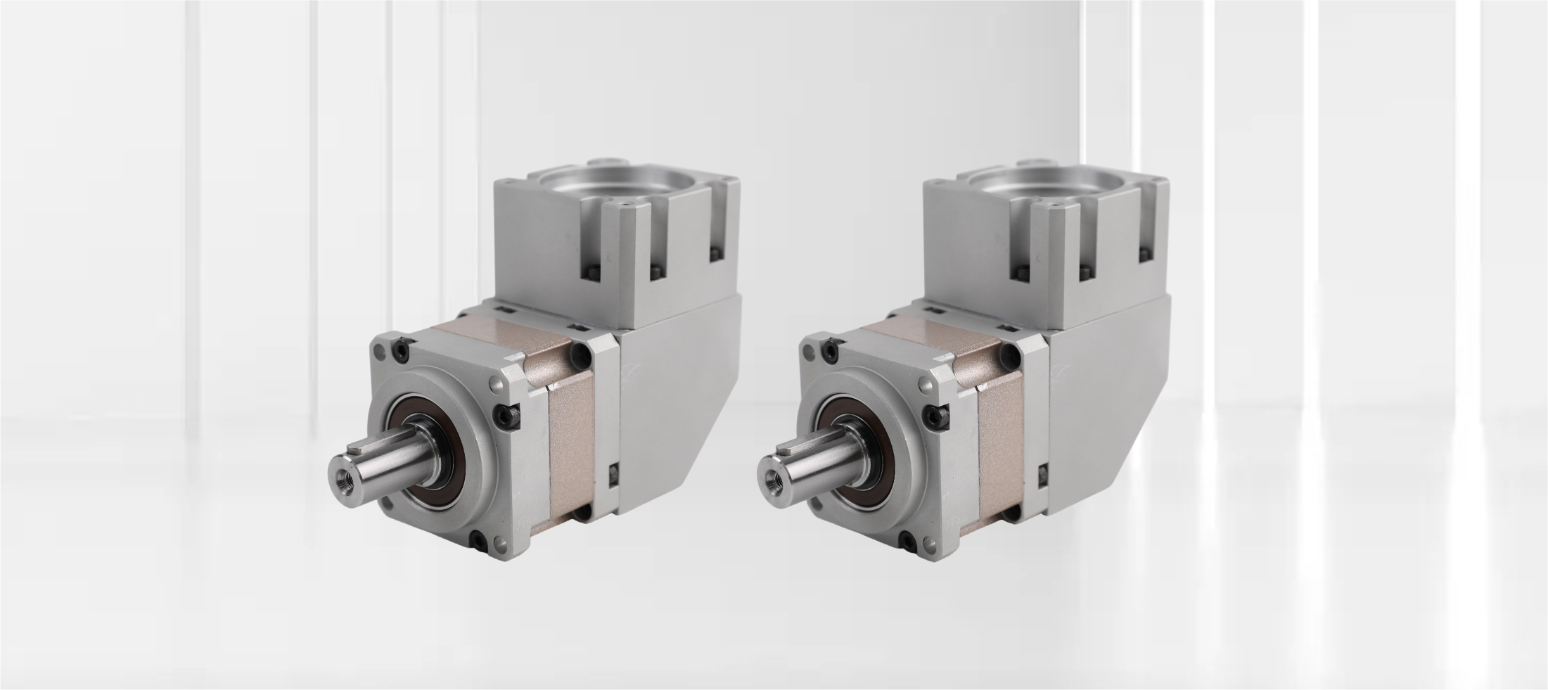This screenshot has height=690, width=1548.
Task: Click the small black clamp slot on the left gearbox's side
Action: (612, 475)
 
